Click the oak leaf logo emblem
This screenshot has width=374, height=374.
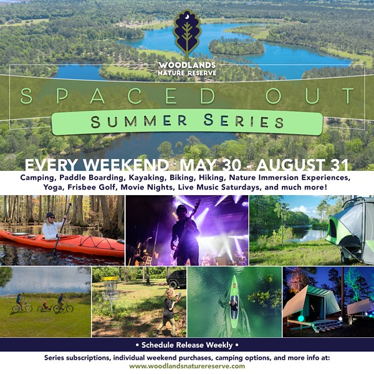pyautogui.click(x=187, y=34)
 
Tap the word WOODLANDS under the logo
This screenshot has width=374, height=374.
pyautogui.click(x=187, y=65)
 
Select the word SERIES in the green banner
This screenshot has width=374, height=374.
pyautogui.click(x=244, y=121)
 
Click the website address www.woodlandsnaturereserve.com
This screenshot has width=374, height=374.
pyautogui.click(x=187, y=366)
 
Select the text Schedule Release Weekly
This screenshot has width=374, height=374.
pyautogui.click(x=187, y=345)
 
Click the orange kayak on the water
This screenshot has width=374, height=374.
pyautogui.click(x=62, y=243)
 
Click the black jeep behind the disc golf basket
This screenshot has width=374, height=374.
pyautogui.click(x=177, y=279)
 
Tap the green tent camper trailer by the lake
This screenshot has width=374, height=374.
pyautogui.click(x=350, y=230)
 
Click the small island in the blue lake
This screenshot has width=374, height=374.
pyautogui.click(x=237, y=46)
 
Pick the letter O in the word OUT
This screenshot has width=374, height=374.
pyautogui.click(x=274, y=96)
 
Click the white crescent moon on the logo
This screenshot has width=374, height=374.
pyautogui.click(x=188, y=16)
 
